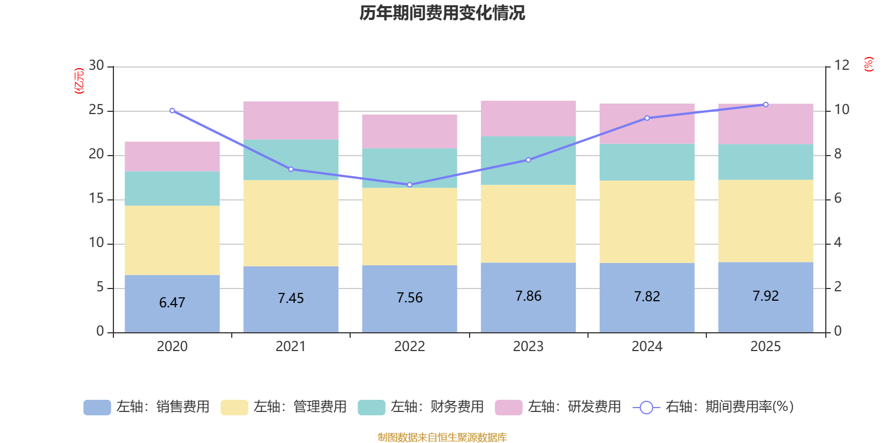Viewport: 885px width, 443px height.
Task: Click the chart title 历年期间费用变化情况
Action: point(442,13)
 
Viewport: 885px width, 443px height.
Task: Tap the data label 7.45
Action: point(291,298)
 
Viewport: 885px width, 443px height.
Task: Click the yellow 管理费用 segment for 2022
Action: point(409,226)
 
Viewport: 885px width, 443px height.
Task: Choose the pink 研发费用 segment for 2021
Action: point(291,120)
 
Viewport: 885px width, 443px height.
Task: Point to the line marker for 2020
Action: point(172,111)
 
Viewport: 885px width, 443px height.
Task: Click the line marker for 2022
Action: point(409,185)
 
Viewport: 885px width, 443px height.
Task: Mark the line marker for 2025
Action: point(766,105)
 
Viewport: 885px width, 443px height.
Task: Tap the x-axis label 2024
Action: point(647,347)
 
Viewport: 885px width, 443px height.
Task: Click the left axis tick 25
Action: point(96,110)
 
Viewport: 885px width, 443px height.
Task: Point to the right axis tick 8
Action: point(837,154)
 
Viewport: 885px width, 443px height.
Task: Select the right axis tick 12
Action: point(841,66)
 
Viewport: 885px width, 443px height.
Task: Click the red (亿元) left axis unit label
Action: point(79,81)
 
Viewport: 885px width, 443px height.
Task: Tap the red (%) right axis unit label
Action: point(868,64)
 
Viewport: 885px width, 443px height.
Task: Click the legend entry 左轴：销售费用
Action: point(147,407)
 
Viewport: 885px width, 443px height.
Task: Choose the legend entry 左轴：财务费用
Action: point(421,407)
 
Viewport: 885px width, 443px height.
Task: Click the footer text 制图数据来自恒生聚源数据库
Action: point(442,437)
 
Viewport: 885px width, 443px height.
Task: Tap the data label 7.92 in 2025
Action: point(766,296)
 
